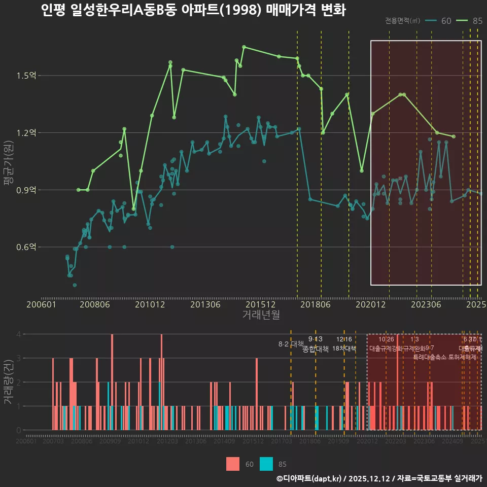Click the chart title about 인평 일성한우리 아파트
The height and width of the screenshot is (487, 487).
pos(193,10)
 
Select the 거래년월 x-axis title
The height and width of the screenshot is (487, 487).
pos(261,315)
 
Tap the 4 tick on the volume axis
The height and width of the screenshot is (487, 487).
pos(18,334)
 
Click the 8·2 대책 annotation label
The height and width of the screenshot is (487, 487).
pos(291,344)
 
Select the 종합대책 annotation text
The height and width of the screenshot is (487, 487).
pos(316,349)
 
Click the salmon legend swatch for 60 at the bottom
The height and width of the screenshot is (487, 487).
pos(232,464)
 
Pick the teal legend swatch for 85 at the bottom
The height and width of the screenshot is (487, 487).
pos(266,464)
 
